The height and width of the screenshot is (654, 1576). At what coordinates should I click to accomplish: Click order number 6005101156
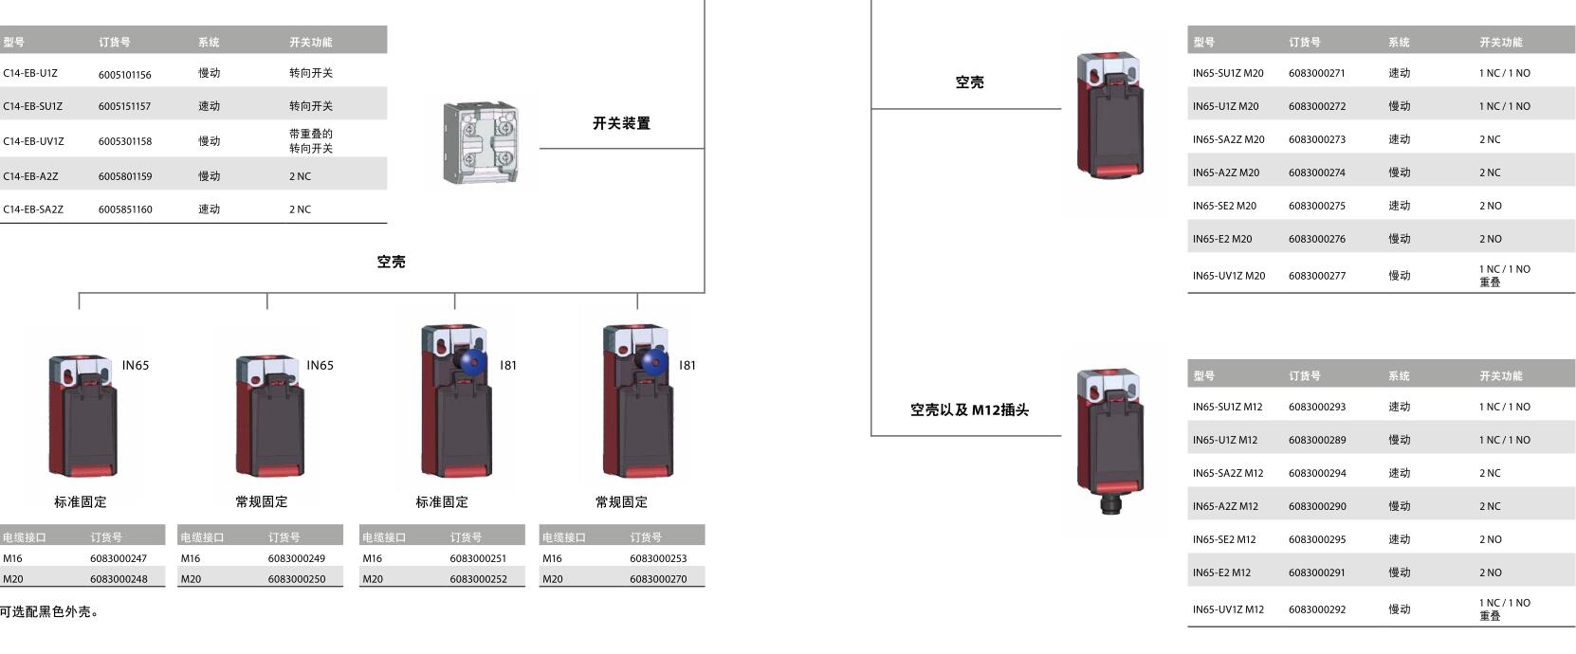click(x=124, y=74)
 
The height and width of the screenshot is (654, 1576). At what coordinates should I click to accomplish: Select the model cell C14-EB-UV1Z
click(x=33, y=141)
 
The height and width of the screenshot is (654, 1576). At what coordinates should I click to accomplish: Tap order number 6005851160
click(x=124, y=209)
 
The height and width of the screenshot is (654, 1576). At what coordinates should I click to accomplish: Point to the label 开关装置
click(x=621, y=123)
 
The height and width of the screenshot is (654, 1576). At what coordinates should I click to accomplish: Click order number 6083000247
click(x=119, y=558)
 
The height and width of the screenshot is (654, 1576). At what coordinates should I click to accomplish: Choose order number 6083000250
click(x=296, y=579)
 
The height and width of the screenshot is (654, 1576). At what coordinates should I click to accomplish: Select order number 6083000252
click(x=478, y=579)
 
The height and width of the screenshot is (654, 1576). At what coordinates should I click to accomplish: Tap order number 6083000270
click(x=658, y=579)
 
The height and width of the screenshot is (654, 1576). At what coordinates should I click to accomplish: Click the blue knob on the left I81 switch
click(x=467, y=360)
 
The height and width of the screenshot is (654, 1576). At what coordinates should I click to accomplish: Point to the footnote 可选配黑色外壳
click(x=48, y=612)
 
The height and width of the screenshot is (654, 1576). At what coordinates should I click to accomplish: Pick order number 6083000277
click(x=1316, y=276)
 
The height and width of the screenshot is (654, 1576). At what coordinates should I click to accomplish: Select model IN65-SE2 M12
click(x=1223, y=539)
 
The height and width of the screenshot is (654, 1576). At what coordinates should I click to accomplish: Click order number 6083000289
click(x=1316, y=440)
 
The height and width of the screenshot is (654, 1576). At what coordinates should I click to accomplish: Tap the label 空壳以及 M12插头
click(x=969, y=410)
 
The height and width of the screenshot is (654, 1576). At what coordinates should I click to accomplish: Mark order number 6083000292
click(x=1316, y=609)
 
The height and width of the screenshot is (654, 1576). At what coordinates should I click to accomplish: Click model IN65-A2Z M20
click(x=1225, y=173)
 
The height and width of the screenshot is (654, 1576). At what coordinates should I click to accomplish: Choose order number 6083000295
click(x=1316, y=539)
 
